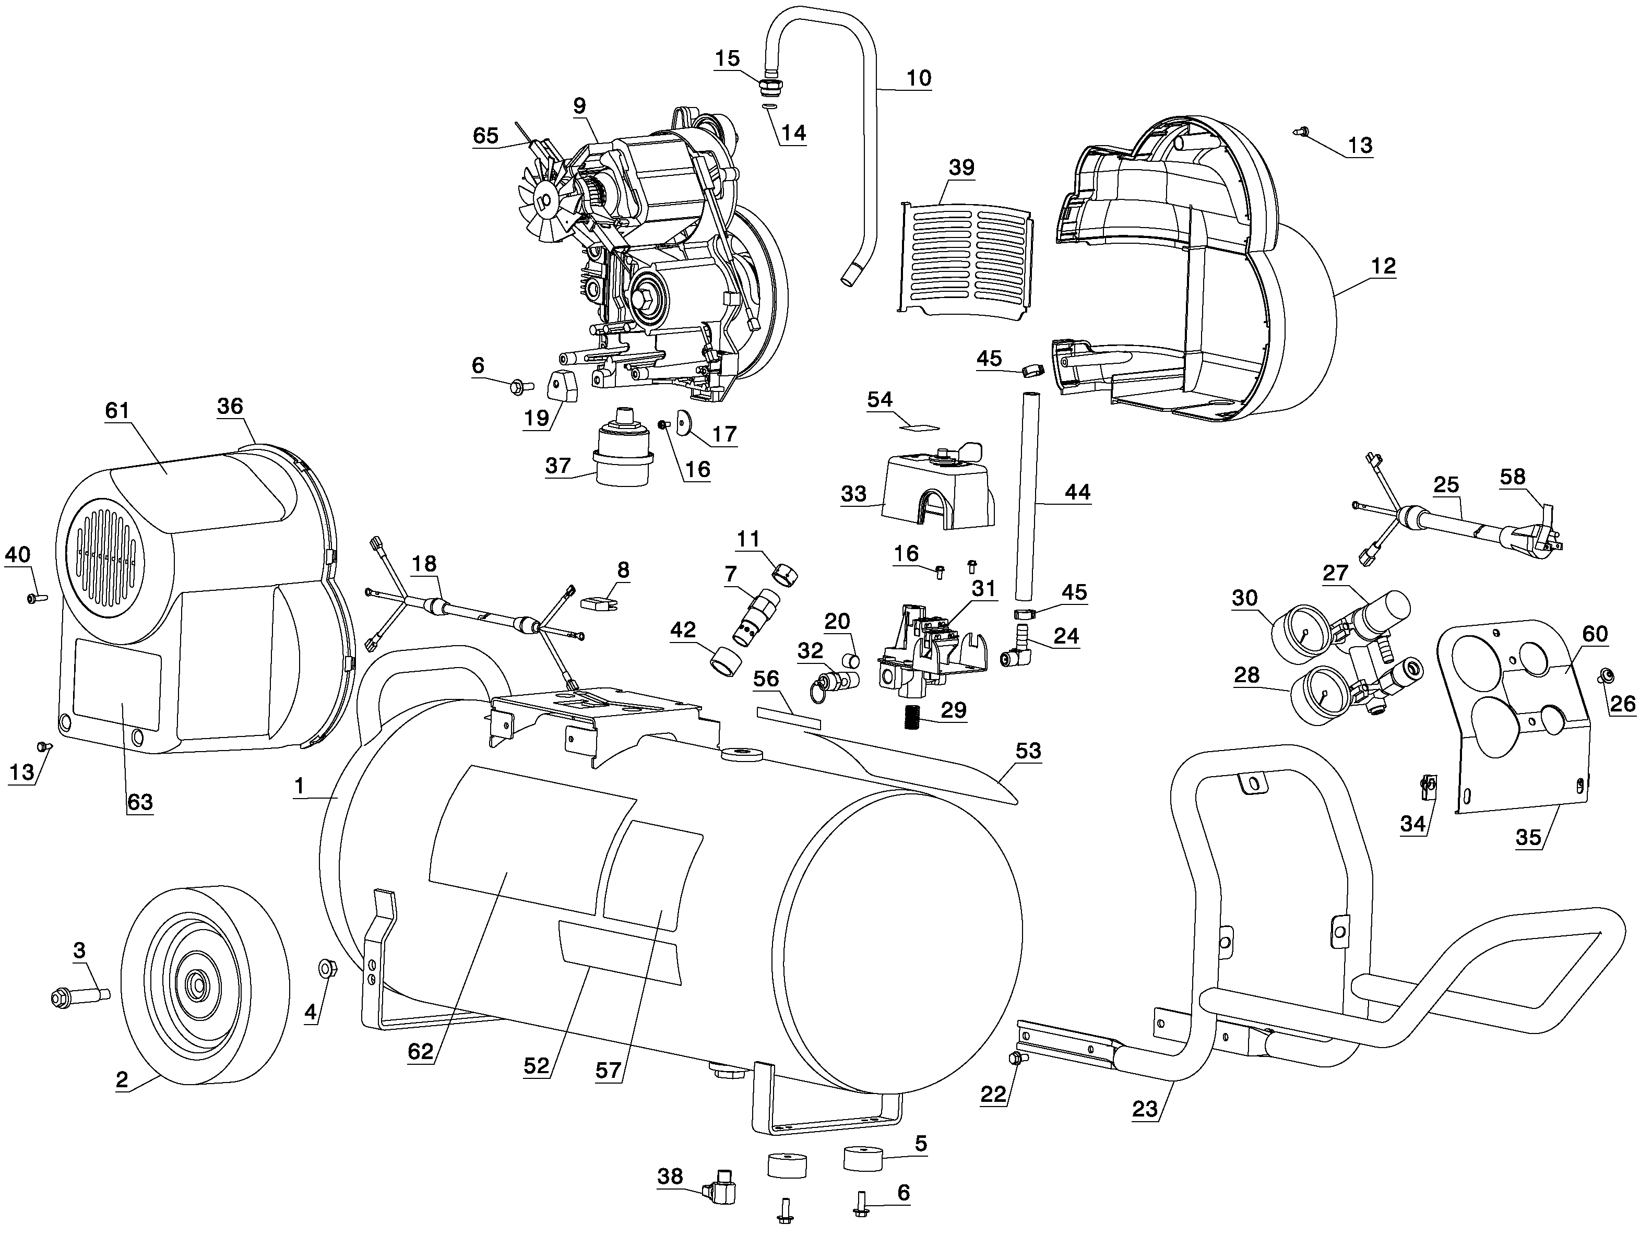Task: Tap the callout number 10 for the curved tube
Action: click(918, 78)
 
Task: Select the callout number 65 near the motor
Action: click(486, 135)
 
